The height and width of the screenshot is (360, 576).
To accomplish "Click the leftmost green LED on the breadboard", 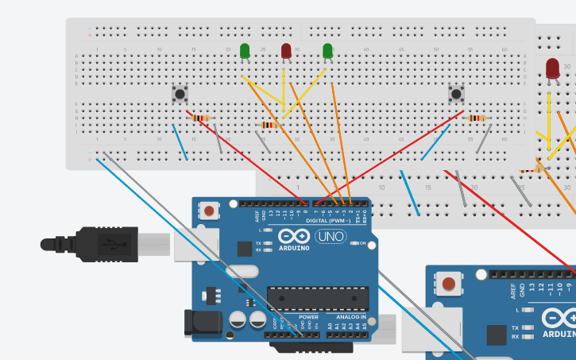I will coord(245,52).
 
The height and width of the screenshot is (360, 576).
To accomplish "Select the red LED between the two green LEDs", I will coord(286,52).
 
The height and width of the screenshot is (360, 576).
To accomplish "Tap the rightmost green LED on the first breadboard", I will coord(327,52).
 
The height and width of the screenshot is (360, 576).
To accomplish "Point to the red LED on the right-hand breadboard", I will coord(552,68).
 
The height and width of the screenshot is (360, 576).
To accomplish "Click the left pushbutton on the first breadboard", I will coord(180,94).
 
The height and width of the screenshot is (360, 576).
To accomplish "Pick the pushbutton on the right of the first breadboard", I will coord(456,94).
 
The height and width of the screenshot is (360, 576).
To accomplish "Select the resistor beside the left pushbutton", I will coord(201,118).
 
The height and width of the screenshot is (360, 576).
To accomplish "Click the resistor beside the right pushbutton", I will coord(477,118).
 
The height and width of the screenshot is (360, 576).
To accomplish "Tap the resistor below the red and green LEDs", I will coord(270,125).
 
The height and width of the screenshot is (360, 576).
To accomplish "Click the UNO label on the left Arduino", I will coord(331,236).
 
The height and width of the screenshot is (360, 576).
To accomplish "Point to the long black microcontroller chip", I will coord(317,298).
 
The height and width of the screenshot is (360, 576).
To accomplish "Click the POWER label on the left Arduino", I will coord(308,317).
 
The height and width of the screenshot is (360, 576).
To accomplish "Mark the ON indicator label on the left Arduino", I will coord(363,243).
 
